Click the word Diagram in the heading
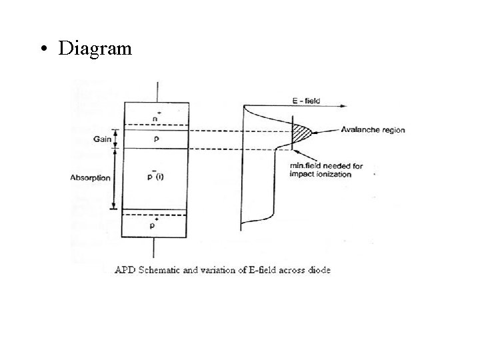(x=95, y=49)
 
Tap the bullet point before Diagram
(x=44, y=49)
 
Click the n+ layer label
(x=155, y=117)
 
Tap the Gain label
(x=101, y=140)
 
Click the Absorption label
(x=91, y=178)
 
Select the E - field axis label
(x=307, y=101)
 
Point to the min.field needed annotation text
(x=326, y=170)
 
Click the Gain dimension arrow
(x=114, y=139)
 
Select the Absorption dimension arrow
(x=114, y=179)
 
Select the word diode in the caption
(x=318, y=270)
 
